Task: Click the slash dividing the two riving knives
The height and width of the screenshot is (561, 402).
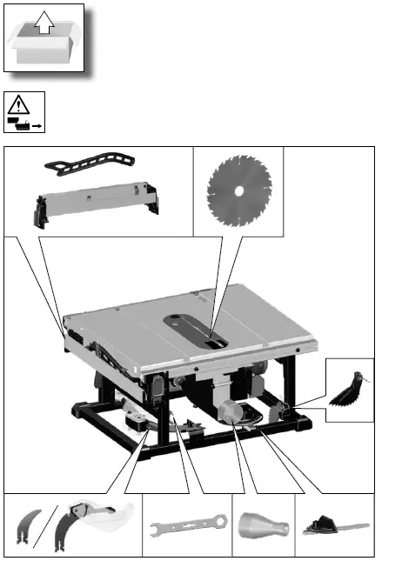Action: (48, 526)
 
